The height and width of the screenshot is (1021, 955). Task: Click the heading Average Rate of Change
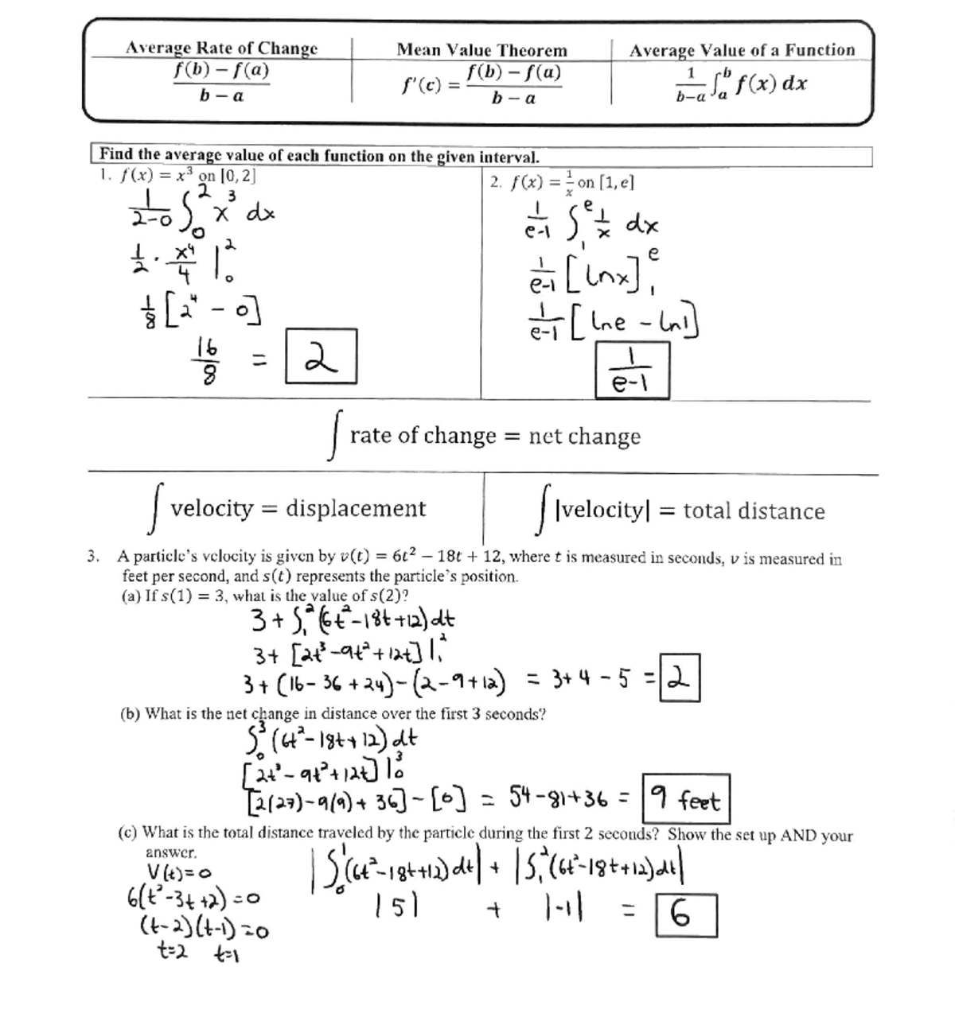coord(221,48)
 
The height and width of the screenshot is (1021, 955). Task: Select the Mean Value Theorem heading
coord(481,50)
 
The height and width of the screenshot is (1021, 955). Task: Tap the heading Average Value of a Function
coord(742,50)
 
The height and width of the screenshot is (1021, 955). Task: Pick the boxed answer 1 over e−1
coord(633,371)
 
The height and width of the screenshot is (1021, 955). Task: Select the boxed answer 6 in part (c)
coord(685,916)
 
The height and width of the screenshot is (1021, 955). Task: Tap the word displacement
coord(356,508)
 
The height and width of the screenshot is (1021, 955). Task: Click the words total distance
coord(754,511)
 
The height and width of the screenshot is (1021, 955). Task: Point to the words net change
coord(584,436)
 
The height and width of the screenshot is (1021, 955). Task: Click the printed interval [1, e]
coord(616,182)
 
